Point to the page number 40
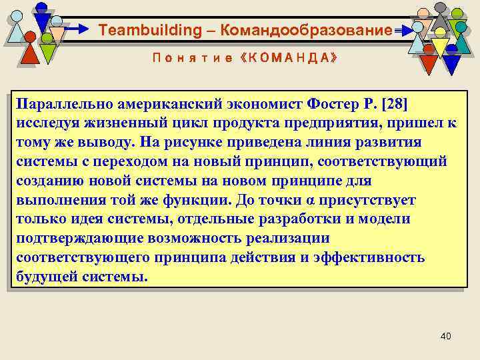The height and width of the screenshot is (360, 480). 446,335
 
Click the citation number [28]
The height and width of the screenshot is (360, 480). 393,105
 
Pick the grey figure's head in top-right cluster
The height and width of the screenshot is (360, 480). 441,8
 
